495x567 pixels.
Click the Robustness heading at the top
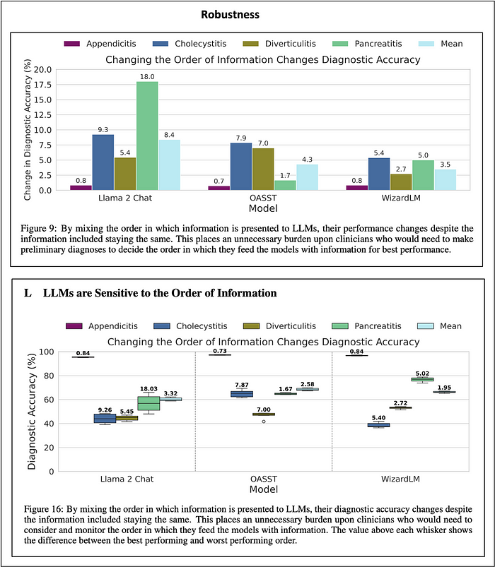point(231,14)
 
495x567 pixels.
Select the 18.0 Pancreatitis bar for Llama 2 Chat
point(147,136)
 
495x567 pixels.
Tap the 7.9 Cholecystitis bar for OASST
point(241,167)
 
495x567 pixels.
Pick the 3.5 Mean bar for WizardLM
point(445,180)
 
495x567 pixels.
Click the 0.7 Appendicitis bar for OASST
point(219,188)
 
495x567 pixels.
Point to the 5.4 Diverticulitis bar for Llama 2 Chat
point(125,174)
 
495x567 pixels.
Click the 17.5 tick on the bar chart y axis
point(42,85)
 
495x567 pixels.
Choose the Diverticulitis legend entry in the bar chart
point(279,44)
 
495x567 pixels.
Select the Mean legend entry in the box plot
point(440,326)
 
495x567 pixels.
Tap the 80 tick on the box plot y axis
point(48,376)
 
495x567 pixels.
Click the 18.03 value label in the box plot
point(148,389)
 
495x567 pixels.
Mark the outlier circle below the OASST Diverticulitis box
point(264,422)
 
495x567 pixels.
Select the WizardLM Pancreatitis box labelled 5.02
point(422,379)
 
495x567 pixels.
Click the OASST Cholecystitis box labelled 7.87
point(242,394)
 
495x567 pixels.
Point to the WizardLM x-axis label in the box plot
point(400,479)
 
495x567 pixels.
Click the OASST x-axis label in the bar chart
point(263,198)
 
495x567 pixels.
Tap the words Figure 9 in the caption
point(38,229)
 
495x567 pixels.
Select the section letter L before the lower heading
point(28,293)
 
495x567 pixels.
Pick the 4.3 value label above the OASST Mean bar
point(307,160)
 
